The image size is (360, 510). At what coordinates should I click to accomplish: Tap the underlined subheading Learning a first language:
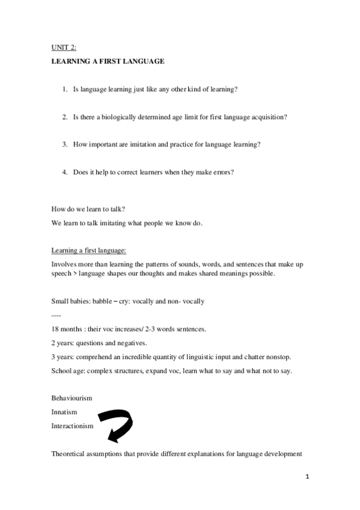pos(88,251)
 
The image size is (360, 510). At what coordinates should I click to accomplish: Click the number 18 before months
pos(55,329)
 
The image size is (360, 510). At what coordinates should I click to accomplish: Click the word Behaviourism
pos(72,398)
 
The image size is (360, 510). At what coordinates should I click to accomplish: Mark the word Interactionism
pos(73,426)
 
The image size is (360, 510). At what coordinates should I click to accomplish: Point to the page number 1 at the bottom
pos(307,477)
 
